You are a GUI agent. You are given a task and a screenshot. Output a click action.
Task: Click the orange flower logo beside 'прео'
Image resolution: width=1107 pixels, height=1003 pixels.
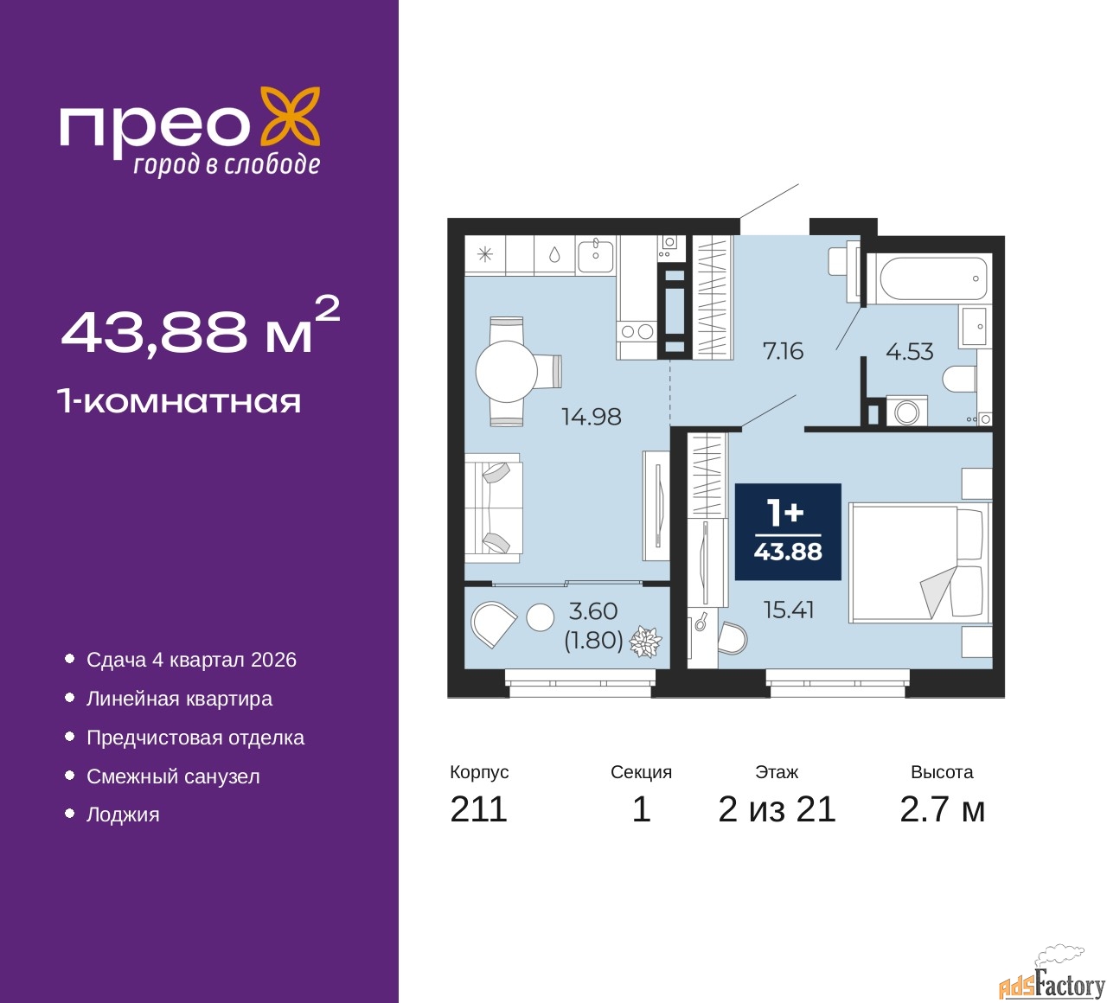[291, 117]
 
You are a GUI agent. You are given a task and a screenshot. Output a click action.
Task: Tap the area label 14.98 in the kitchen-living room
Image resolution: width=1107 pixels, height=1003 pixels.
[591, 417]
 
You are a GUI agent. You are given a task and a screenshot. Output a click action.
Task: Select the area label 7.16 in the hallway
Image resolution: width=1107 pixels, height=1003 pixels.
[783, 351]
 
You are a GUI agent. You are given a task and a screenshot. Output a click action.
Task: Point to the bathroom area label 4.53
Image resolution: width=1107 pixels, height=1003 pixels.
[909, 352]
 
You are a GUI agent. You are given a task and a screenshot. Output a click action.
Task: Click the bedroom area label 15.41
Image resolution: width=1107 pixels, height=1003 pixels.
[789, 610]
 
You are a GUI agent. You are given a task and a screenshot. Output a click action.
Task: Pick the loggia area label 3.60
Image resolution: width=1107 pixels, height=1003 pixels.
[593, 611]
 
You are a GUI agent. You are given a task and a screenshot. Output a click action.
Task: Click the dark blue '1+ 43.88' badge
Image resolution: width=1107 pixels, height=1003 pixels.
[788, 532]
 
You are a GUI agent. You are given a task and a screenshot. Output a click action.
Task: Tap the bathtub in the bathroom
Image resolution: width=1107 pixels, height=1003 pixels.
[933, 278]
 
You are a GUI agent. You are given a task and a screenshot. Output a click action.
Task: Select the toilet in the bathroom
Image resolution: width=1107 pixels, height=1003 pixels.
[960, 379]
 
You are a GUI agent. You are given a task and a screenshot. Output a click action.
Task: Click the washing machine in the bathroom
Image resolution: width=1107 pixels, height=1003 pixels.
[907, 412]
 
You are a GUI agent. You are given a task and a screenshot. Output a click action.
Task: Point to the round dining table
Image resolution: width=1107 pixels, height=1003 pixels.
[507, 372]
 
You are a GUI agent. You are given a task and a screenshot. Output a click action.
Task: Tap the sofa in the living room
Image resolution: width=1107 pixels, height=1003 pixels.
[493, 508]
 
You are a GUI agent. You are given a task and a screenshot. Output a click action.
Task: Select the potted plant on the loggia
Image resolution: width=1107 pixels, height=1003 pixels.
[645, 642]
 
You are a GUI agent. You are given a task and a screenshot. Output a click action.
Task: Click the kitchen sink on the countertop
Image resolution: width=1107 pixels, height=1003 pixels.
[595, 254]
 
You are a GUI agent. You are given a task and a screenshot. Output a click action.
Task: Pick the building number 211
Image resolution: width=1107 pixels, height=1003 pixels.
[478, 809]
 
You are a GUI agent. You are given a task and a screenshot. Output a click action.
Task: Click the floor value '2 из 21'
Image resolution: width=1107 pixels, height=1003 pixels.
[777, 809]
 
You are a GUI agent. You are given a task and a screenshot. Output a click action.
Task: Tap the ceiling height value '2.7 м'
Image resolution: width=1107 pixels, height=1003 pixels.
[942, 809]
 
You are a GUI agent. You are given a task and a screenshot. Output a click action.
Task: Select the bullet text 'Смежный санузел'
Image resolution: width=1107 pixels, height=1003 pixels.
[173, 776]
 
